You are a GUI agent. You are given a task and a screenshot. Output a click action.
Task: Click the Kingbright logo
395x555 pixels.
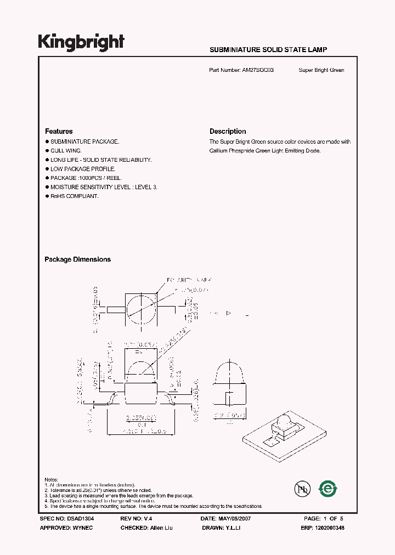(81, 43)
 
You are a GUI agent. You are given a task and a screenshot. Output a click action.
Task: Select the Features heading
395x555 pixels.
(59, 132)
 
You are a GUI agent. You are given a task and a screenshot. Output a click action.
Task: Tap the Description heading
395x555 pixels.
(228, 132)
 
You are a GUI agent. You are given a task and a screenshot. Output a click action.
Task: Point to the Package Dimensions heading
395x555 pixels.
(77, 259)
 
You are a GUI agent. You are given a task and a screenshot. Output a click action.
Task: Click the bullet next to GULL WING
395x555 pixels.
(47, 150)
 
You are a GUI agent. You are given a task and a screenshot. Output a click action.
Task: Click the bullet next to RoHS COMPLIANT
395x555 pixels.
(47, 196)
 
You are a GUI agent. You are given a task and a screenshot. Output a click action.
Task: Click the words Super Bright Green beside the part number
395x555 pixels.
(321, 70)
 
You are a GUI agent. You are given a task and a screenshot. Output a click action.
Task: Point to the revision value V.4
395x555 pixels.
(148, 518)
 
